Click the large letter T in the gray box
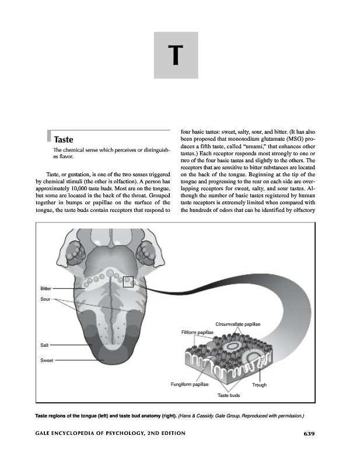click(176, 55)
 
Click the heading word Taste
click(63, 140)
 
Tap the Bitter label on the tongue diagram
click(46, 289)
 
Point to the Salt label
click(44, 345)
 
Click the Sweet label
click(47, 360)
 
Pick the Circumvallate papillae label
click(237, 324)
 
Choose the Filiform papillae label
click(198, 332)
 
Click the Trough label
click(259, 385)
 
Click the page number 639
click(309, 433)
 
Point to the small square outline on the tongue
click(128, 281)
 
